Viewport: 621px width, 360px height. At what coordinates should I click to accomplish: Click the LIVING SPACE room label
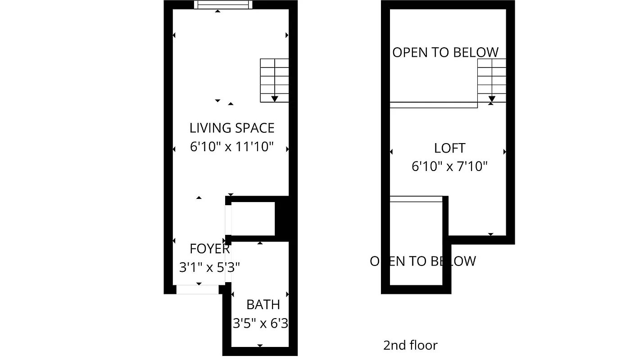tap(231, 128)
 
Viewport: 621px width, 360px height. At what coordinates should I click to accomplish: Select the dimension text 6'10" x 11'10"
tap(231, 147)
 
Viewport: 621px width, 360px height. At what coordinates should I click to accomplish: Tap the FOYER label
tap(209, 249)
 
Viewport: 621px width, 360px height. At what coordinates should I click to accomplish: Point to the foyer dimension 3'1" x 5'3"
tap(209, 268)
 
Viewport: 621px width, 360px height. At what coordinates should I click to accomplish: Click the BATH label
tap(263, 305)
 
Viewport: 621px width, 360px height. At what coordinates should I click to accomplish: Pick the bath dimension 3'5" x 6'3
tap(260, 323)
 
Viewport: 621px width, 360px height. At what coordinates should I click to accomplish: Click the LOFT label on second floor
tap(449, 148)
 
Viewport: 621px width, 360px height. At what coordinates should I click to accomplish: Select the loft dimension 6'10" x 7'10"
tap(449, 167)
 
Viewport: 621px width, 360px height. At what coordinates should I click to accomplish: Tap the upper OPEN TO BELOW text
tap(445, 53)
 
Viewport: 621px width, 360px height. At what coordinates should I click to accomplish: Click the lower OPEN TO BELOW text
tap(422, 261)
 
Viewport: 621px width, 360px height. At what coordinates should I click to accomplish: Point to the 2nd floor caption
tap(410, 345)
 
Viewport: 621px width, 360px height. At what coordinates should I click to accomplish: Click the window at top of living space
tap(223, 4)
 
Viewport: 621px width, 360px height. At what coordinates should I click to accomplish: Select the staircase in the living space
tap(274, 80)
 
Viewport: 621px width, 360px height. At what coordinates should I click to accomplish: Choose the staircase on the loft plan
tap(492, 80)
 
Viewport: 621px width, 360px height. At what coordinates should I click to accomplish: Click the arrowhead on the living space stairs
tap(274, 99)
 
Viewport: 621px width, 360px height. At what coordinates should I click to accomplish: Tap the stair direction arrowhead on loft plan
tap(492, 99)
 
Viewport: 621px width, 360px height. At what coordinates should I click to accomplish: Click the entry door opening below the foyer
tap(197, 289)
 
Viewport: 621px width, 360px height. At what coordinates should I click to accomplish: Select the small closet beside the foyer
tap(253, 219)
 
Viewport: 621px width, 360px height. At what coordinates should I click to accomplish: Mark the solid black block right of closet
tap(281, 219)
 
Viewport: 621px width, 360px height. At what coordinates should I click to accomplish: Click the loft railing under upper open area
tap(433, 105)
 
